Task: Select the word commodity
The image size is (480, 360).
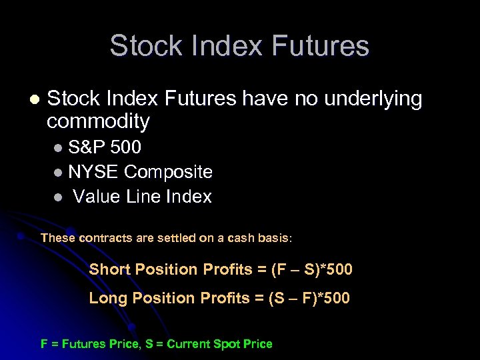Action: (x=98, y=121)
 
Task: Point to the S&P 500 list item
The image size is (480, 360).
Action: (x=104, y=147)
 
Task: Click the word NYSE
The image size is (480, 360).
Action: (x=93, y=172)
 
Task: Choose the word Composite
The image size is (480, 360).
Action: (x=169, y=172)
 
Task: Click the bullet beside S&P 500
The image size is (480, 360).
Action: (x=59, y=147)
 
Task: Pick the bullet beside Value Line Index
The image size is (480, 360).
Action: (x=59, y=197)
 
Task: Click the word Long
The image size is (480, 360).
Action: (x=108, y=298)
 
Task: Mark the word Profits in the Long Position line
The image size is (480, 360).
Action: (x=223, y=298)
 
